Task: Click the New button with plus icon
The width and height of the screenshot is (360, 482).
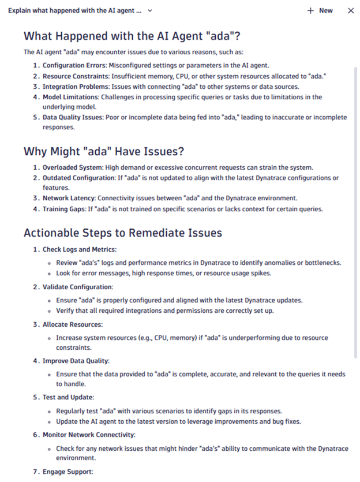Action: coord(320,10)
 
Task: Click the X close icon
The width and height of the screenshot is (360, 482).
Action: coord(351,10)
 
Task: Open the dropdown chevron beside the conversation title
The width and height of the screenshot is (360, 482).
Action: coord(150,10)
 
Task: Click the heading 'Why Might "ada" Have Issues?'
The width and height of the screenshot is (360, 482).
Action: coord(104,151)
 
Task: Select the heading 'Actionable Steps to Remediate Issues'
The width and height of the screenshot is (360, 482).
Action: coord(123,233)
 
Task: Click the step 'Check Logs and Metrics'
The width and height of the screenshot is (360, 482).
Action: coord(79,249)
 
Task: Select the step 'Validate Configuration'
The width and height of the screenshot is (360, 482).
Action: coord(77,286)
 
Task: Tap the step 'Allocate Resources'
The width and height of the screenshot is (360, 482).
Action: coord(72,324)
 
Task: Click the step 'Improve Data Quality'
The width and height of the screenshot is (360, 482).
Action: coord(76,361)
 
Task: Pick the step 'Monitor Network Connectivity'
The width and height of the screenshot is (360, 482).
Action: coord(89,434)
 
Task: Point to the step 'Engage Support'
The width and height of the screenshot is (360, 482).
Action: coord(67,472)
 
